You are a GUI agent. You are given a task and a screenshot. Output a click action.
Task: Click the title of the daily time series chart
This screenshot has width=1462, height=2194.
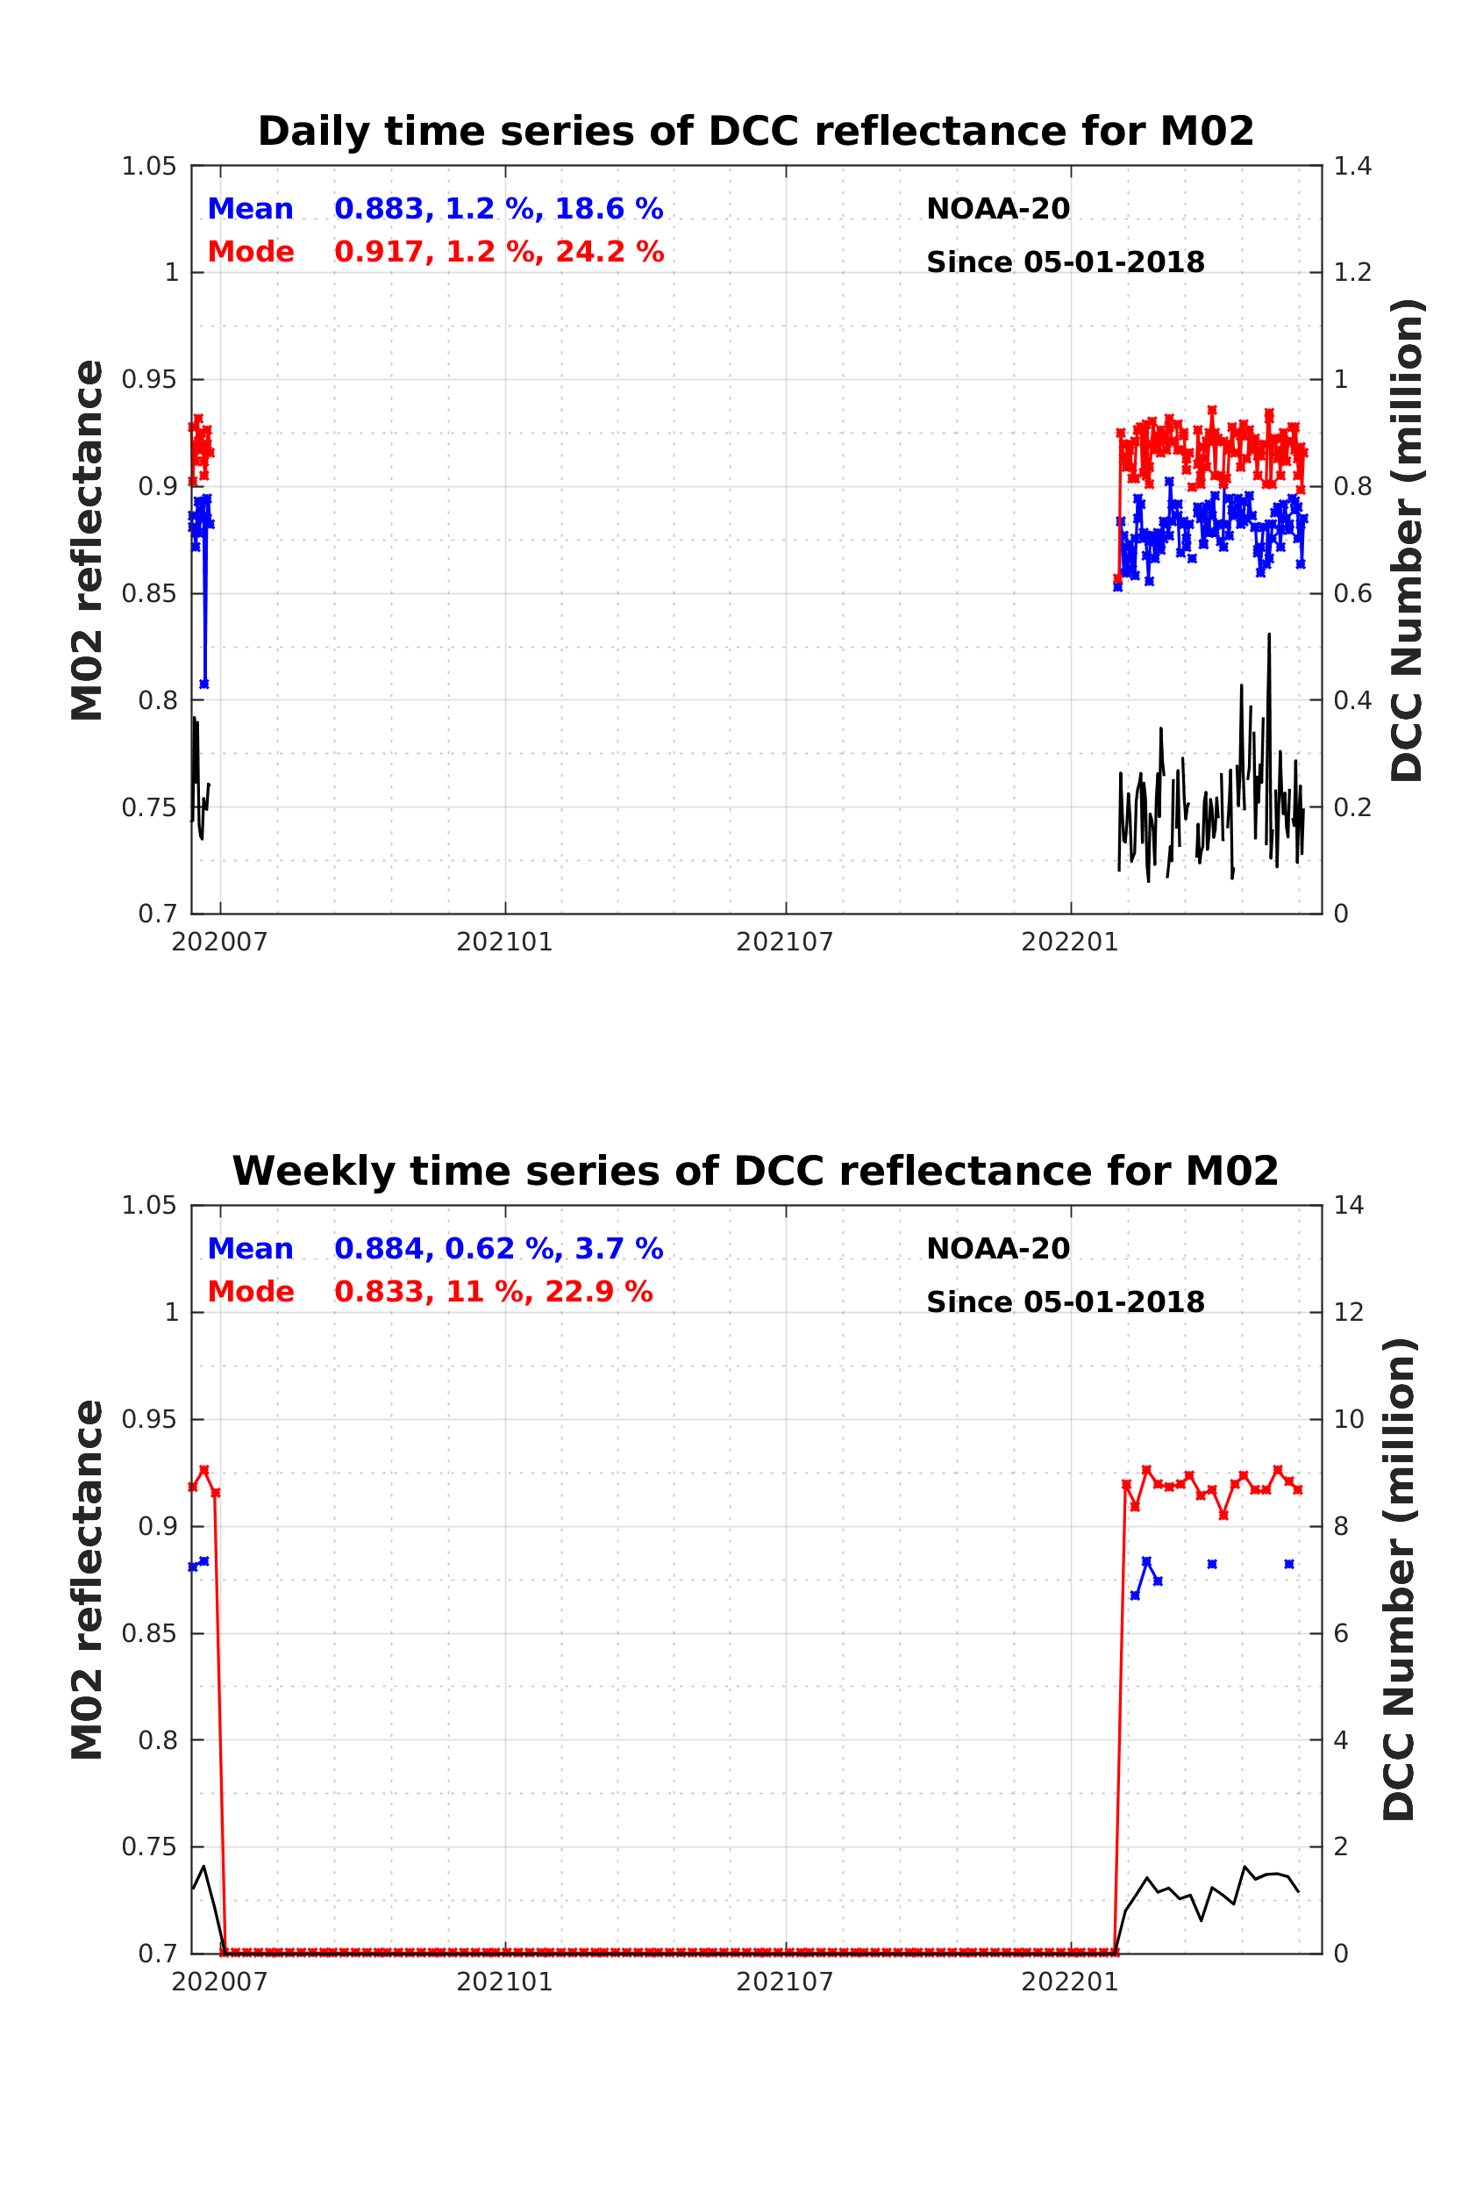point(755,132)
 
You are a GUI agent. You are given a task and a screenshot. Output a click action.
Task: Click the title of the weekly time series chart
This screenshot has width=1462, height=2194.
point(755,1171)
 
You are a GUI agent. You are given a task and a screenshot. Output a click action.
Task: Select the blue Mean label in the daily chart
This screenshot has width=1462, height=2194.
point(250,209)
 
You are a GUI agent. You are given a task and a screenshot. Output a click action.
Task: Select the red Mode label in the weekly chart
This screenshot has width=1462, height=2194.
point(250,1292)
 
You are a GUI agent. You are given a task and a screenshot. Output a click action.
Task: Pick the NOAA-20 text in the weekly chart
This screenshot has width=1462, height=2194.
point(998,1249)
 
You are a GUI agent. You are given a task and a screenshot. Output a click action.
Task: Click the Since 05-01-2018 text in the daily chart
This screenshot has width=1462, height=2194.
point(1065,262)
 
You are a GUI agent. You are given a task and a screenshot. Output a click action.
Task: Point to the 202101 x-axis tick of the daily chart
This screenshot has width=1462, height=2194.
point(504,943)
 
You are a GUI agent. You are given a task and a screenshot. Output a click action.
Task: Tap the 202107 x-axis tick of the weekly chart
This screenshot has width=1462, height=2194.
point(784,1982)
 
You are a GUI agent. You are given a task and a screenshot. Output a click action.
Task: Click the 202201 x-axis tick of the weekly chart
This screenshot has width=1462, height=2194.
point(1069,1982)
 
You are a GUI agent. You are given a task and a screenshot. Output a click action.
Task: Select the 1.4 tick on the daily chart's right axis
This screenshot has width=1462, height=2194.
point(1352,166)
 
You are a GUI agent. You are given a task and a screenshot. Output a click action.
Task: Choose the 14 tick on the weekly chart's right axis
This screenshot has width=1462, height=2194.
point(1348,1205)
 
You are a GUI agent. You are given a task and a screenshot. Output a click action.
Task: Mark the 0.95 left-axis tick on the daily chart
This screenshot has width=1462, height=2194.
point(149,380)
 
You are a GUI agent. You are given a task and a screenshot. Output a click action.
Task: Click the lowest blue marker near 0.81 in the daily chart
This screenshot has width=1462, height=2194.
point(204,685)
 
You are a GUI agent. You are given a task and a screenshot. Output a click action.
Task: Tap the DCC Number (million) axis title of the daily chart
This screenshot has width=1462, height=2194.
point(1407,540)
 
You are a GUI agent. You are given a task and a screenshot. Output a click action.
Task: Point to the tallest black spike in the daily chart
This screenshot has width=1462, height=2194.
point(1269,635)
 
